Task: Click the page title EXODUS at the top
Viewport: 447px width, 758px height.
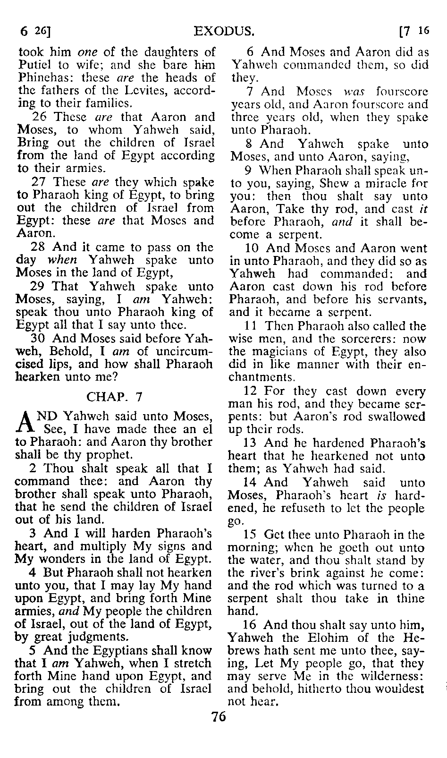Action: [x=225, y=32]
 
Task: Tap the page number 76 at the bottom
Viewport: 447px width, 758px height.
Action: [x=219, y=717]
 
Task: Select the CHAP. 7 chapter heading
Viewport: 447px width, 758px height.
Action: [x=114, y=397]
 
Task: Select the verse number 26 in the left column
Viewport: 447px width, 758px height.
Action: [x=40, y=117]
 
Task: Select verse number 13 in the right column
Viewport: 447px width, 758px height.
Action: [x=250, y=443]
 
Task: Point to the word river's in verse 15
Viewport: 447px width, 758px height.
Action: [x=268, y=573]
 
